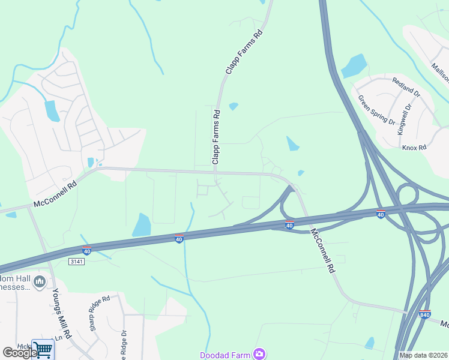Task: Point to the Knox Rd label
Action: click(x=414, y=147)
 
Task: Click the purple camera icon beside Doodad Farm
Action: click(x=259, y=354)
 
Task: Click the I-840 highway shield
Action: click(x=425, y=314)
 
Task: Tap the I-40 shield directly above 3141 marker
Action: click(x=86, y=250)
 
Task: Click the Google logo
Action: click(x=20, y=353)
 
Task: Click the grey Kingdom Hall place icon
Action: click(x=40, y=281)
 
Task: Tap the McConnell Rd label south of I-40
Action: click(x=323, y=250)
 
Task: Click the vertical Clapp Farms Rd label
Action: click(x=215, y=136)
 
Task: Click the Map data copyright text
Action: click(x=424, y=355)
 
